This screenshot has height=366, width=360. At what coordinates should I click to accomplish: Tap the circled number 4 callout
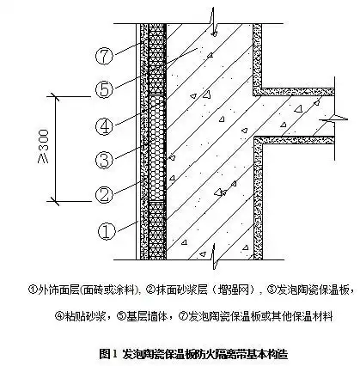[x=105, y=125]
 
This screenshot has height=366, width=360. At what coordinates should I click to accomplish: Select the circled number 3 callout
[x=105, y=161]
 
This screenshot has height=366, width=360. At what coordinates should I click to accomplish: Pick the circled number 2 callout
[x=105, y=194]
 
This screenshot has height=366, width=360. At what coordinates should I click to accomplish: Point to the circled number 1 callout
[x=105, y=230]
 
